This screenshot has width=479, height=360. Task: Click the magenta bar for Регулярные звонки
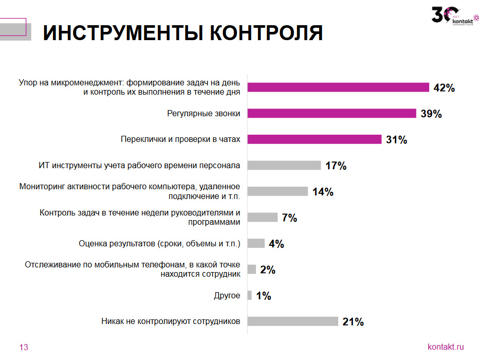pyautogui.click(x=331, y=113)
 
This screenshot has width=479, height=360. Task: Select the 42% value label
pyautogui.click(x=444, y=87)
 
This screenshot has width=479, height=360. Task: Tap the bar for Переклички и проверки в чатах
pyautogui.click(x=315, y=139)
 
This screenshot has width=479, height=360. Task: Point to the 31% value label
pyautogui.click(x=396, y=139)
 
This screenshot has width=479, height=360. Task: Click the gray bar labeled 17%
pyautogui.click(x=284, y=166)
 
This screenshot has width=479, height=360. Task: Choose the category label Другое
pyautogui.click(x=227, y=296)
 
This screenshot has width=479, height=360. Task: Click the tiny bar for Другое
pyautogui.click(x=250, y=296)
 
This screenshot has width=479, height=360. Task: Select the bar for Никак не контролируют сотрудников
pyautogui.click(x=293, y=321)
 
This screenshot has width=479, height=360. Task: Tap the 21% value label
pyautogui.click(x=353, y=322)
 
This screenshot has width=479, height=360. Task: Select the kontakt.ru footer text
pyautogui.click(x=446, y=347)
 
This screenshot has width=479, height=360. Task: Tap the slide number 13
pyautogui.click(x=24, y=348)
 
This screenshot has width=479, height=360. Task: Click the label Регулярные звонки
pyautogui.click(x=204, y=113)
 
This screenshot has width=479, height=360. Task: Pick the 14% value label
pyautogui.click(x=323, y=192)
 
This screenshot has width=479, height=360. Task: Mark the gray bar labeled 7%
pyautogui.click(x=263, y=218)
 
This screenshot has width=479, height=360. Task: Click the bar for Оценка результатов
pyautogui.click(x=256, y=243)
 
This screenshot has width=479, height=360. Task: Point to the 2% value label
pyautogui.click(x=268, y=269)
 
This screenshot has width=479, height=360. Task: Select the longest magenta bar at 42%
pyautogui.click(x=338, y=87)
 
